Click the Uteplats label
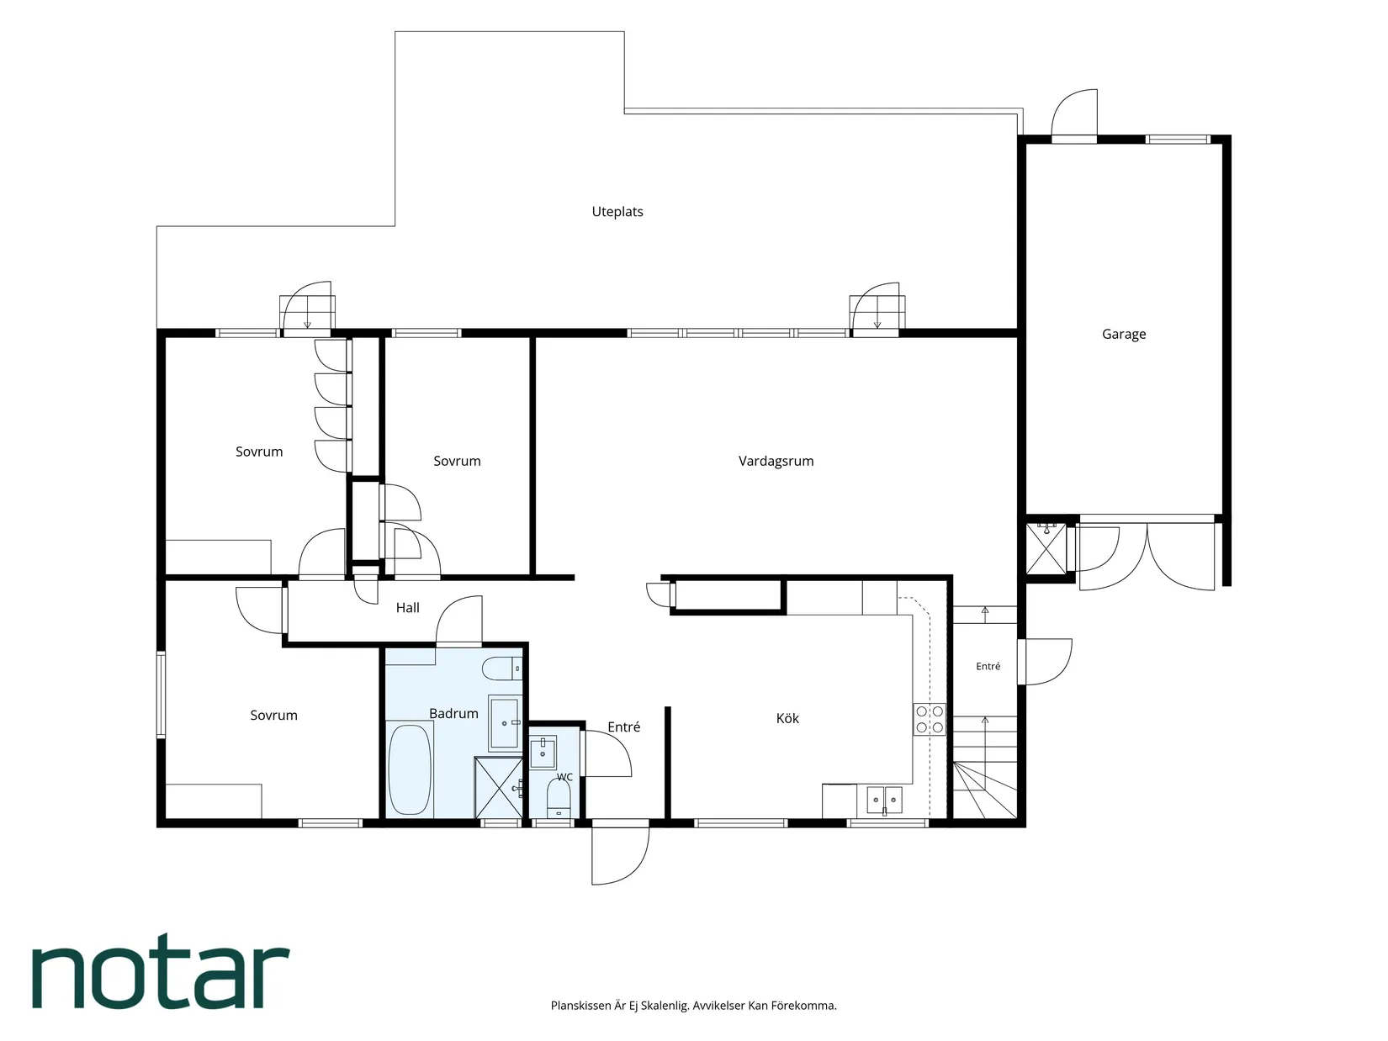point(617,212)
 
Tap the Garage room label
point(1124,334)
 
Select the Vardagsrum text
point(776,461)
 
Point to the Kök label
point(787,718)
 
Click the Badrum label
point(453,713)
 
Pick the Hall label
point(407,607)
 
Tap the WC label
point(564,777)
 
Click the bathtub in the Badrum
point(410,770)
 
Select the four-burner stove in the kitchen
point(930,719)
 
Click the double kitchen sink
point(884,800)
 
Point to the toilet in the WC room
point(559,798)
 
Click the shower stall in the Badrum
point(498,787)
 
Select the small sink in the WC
point(543,752)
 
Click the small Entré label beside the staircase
point(988,666)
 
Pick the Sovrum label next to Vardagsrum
point(457,461)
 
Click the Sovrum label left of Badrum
point(273,715)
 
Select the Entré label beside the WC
point(623,727)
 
